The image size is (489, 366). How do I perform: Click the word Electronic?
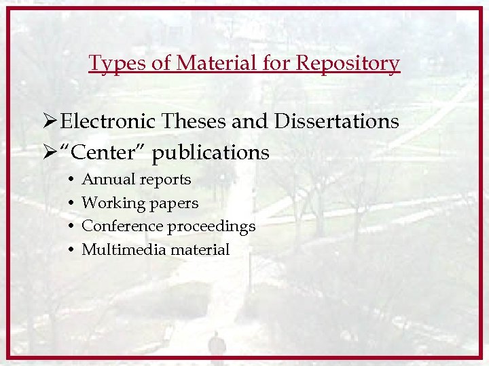pyautogui.click(x=108, y=121)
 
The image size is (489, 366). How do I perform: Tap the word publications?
pyautogui.click(x=211, y=153)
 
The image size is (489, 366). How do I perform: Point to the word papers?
pyautogui.click(x=175, y=203)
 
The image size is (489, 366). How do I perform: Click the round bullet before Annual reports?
pyautogui.click(x=71, y=180)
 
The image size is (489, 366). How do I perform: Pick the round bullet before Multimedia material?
pyautogui.click(x=71, y=249)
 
